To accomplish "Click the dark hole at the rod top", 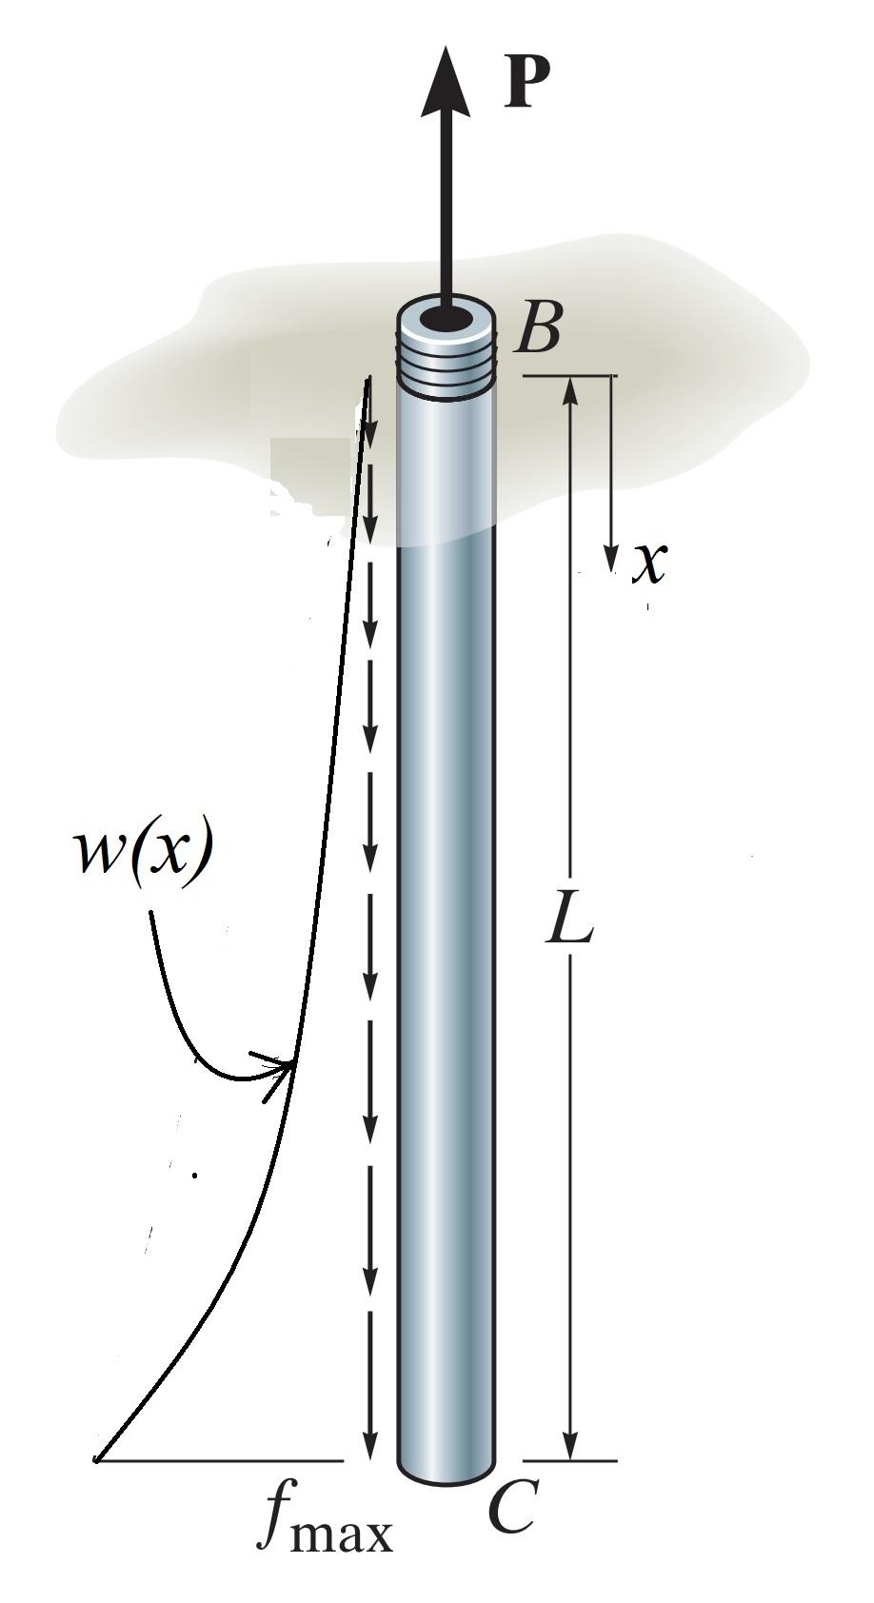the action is (x=446, y=321).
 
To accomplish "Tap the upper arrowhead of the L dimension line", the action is (x=569, y=391).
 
